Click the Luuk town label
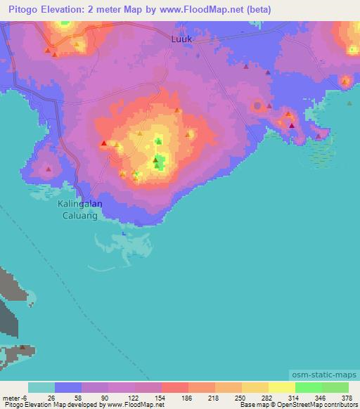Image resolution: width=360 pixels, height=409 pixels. click(x=181, y=39)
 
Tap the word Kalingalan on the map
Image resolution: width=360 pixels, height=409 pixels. click(x=79, y=204)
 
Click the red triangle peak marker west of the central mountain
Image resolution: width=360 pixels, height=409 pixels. click(x=104, y=144)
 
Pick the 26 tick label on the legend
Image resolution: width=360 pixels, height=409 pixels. click(x=51, y=397)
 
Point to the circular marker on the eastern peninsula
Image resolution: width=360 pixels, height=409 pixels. click(x=257, y=106)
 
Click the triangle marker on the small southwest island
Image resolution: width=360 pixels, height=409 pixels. click(x=23, y=348)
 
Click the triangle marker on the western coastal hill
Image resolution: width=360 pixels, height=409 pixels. click(x=49, y=168)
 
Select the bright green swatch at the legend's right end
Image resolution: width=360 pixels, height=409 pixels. click(x=335, y=387)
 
